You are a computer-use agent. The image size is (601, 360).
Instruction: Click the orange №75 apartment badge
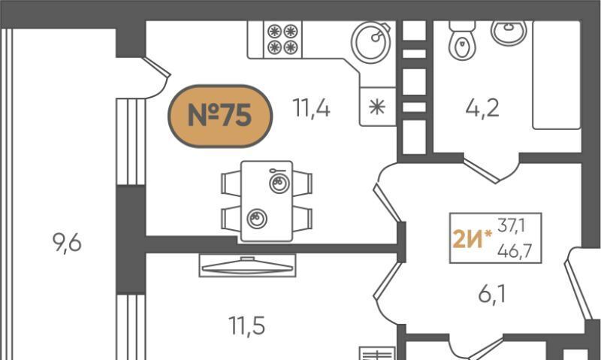(218, 116)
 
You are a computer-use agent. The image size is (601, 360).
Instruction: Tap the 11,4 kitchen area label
(312, 110)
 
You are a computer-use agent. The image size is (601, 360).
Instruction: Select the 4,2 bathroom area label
(481, 110)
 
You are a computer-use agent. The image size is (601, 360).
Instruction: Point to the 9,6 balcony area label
(67, 243)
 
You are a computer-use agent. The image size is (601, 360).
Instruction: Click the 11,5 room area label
(247, 326)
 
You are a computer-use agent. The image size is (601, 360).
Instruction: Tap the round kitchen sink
(371, 38)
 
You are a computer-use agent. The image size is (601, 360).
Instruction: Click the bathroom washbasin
(509, 32)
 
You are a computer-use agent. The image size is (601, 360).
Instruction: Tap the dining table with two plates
(266, 201)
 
